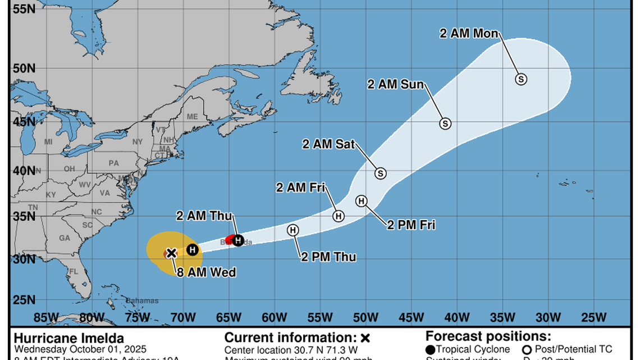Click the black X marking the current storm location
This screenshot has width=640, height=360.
click(171, 253)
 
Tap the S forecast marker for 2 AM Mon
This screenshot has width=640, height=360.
click(521, 79)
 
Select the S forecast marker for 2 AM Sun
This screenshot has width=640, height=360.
click(445, 124)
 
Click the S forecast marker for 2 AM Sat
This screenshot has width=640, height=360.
click(381, 173)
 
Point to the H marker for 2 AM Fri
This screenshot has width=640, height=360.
click(339, 216)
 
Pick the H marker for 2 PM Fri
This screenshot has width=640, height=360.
click(361, 201)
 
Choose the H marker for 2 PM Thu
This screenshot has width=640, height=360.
click(292, 230)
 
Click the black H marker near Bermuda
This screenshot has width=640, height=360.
click(238, 240)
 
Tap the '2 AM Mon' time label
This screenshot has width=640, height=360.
click(469, 34)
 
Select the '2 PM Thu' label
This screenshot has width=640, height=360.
click(328, 257)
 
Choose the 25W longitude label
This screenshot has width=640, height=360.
click(593, 317)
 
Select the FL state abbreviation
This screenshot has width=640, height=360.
click(73, 272)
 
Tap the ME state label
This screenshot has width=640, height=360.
click(192, 117)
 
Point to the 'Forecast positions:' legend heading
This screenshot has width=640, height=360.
click(488, 336)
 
